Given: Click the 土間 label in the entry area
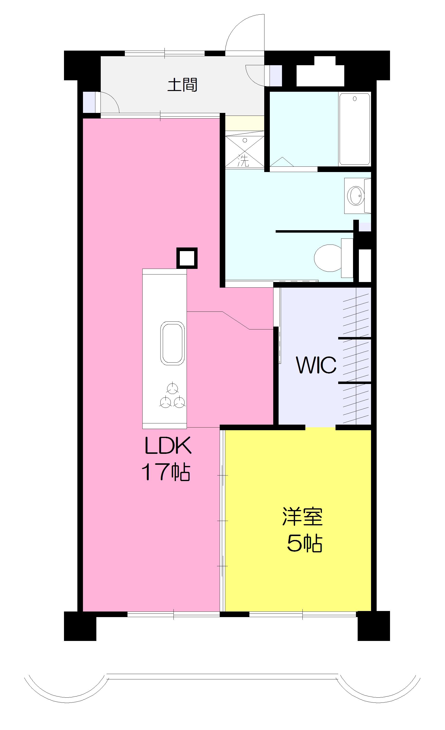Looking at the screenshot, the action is click(182, 85).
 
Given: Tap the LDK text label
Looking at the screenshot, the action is click(168, 446).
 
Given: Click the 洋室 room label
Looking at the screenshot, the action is click(302, 517).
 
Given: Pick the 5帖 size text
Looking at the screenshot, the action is click(304, 543).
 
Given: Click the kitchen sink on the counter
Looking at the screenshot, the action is click(173, 343).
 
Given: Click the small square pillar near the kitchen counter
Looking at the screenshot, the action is click(187, 258).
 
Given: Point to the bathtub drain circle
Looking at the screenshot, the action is click(355, 99).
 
